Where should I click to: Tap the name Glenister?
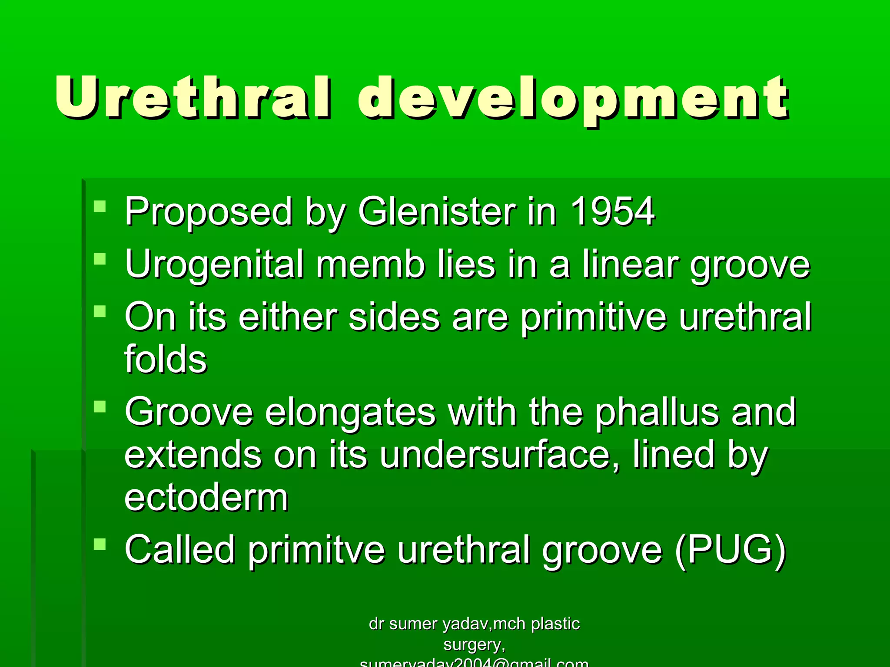coord(437,211)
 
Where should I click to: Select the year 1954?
coord(612,211)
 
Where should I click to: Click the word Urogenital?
coord(214,265)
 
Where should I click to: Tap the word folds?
coord(166,359)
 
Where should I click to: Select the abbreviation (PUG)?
coord(731,550)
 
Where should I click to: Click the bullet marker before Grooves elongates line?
coord(100,406)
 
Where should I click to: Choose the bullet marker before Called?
coord(100,544)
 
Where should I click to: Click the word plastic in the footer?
coord(555,624)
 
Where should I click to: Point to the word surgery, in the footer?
coord(474,644)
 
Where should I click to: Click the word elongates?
coord(350,413)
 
